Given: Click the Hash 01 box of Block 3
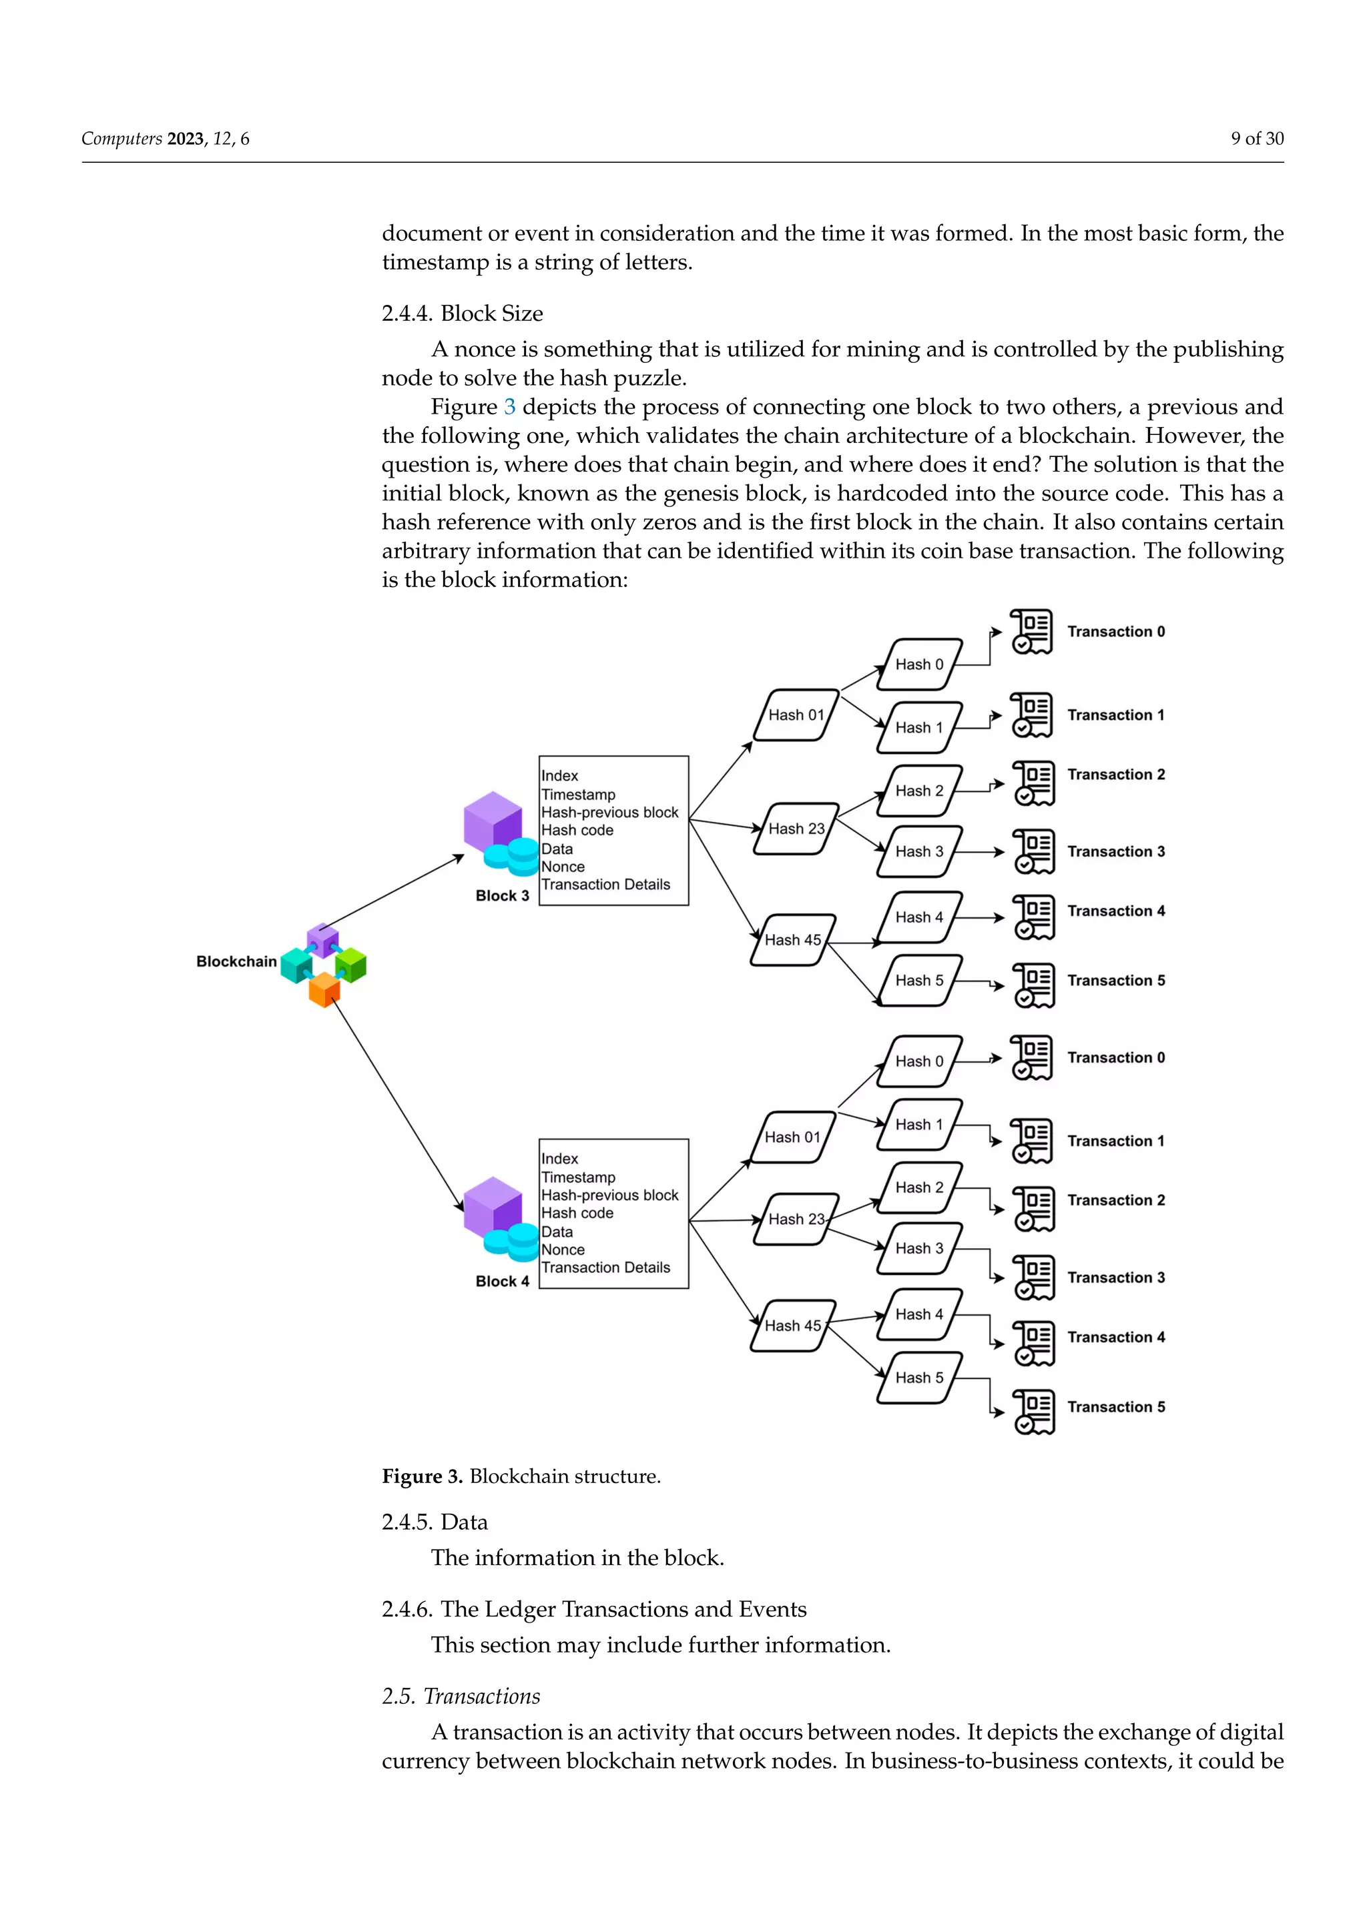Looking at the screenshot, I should pyautogui.click(x=796, y=715).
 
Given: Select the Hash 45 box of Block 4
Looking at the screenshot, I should pyautogui.click(x=792, y=1326).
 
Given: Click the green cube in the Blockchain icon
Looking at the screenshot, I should pyautogui.click(x=351, y=964).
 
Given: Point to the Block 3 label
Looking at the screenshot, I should pyautogui.click(x=502, y=895).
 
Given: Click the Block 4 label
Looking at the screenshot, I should pyautogui.click(x=502, y=1281).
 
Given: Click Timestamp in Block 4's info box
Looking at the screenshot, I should pyautogui.click(x=577, y=1177).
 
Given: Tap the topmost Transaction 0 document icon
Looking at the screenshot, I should pyautogui.click(x=1032, y=631).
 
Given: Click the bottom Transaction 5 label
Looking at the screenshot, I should pyautogui.click(x=1115, y=1407).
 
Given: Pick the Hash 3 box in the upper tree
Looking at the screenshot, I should pyautogui.click(x=918, y=851).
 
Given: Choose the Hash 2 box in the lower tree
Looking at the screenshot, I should pyautogui.click(x=918, y=1187).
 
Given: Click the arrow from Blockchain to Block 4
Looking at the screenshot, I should pyautogui.click(x=396, y=1102).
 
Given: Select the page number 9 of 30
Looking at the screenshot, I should pyautogui.click(x=1257, y=139).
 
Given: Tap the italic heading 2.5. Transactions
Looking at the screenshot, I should pyautogui.click(x=461, y=1696).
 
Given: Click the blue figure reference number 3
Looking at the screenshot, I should pyautogui.click(x=509, y=407).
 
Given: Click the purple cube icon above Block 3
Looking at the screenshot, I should pyautogui.click(x=493, y=821).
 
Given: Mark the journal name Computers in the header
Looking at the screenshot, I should pyautogui.click(x=122, y=139).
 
